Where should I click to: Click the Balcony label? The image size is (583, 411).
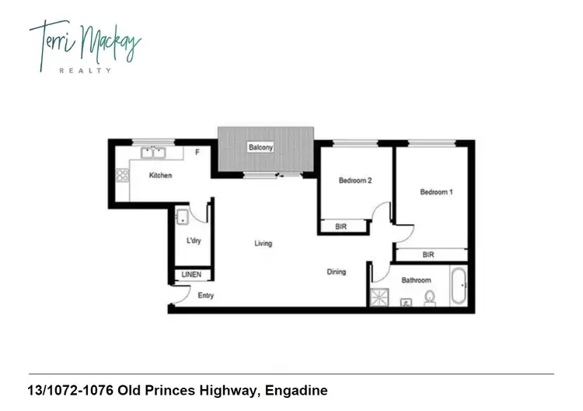tap(259, 147)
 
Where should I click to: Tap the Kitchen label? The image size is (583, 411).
tap(161, 176)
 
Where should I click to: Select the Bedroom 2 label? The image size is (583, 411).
tap(355, 181)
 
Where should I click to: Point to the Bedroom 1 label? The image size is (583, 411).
tap(436, 191)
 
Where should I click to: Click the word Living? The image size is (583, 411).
tap(264, 244)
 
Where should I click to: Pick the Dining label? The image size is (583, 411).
tap(336, 272)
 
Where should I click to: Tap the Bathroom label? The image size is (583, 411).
tap(416, 279)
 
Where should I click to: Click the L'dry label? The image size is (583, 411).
tap(194, 241)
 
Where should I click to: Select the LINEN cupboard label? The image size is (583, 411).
tap(192, 275)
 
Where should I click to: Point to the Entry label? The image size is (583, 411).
tap(206, 296)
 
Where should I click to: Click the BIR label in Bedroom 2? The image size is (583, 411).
tap(340, 227)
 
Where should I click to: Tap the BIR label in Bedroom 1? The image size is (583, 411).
tap(428, 255)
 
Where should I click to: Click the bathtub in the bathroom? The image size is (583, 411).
tap(458, 289)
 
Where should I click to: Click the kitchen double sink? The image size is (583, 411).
tap(152, 153)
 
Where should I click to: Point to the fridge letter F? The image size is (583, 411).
tap(197, 152)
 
